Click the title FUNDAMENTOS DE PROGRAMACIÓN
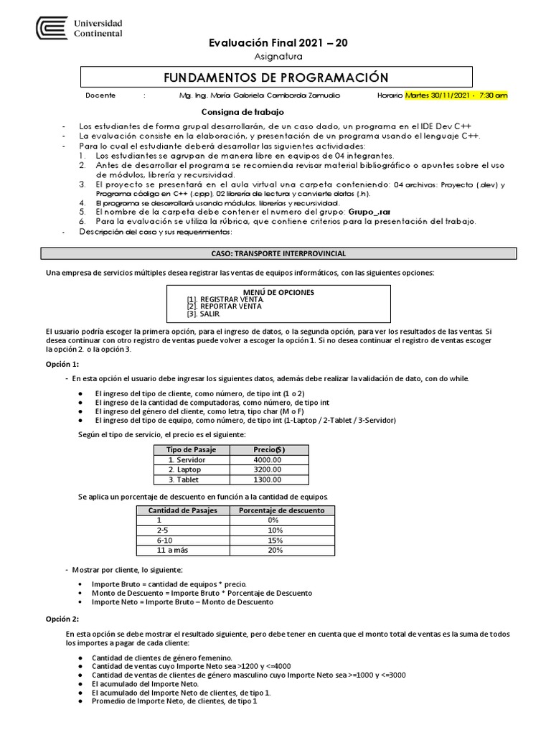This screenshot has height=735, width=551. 275,78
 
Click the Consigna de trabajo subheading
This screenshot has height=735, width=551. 242,112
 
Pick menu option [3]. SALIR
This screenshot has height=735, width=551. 204,314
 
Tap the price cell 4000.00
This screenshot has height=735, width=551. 268,459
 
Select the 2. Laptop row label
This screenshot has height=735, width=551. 185,469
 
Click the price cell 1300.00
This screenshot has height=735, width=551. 268,479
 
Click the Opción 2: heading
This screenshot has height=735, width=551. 62,619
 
